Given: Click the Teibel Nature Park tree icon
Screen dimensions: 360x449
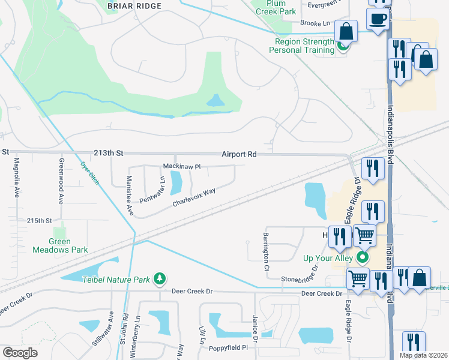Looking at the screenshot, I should click(160, 278).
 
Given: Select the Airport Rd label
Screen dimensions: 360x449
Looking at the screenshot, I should click(238, 154).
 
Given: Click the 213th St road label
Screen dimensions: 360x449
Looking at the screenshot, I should click(107, 154).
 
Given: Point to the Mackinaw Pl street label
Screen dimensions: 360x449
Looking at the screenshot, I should click(181, 166).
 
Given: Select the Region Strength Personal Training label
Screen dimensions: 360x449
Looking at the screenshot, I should click(304, 46).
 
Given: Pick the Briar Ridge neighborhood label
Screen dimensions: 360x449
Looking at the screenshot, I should click(134, 6).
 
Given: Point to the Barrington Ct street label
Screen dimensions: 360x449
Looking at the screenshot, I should click(265, 252).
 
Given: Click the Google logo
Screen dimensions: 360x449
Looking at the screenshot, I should click(20, 353).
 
